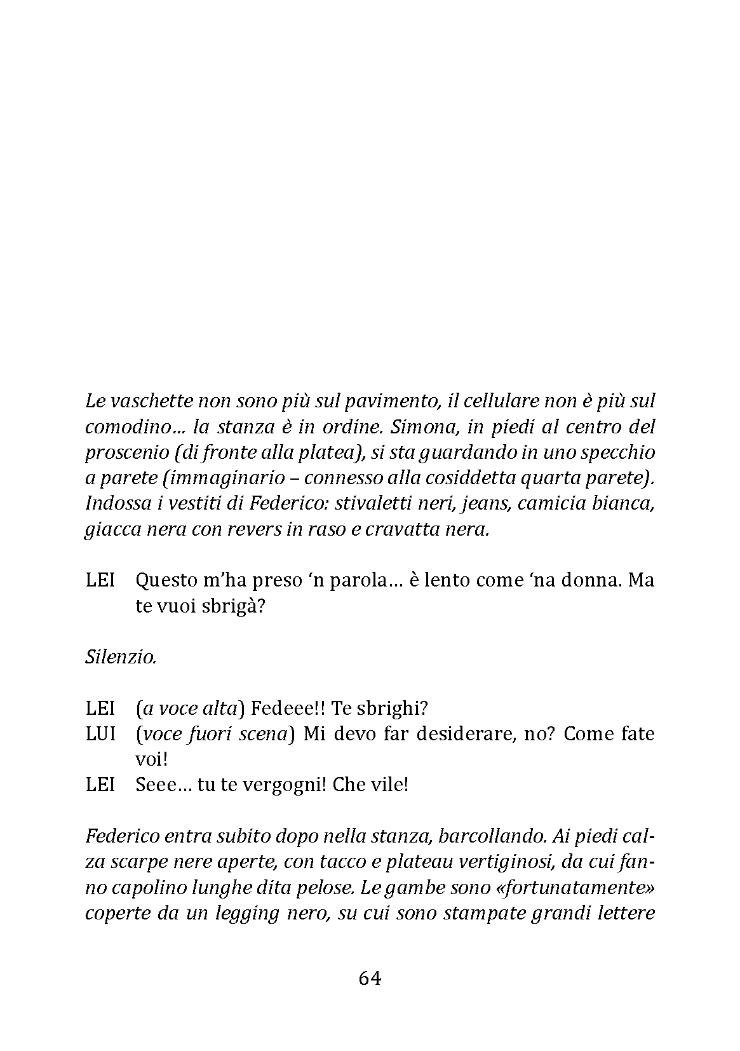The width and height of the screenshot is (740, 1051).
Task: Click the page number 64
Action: tap(370, 979)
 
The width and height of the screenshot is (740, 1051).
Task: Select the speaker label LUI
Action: tap(100, 734)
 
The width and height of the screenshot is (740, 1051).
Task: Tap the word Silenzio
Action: tap(121, 657)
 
